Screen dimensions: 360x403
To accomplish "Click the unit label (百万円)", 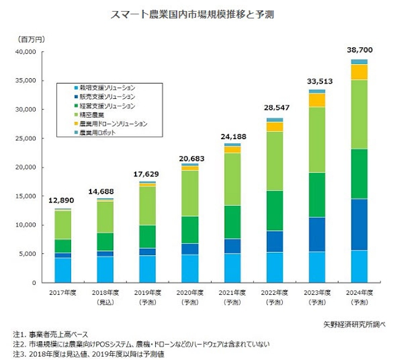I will pyautogui.click(x=27, y=38).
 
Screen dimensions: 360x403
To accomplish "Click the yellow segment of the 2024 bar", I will pyautogui.click(x=359, y=72).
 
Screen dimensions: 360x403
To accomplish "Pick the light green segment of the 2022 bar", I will pyautogui.click(x=274, y=160).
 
